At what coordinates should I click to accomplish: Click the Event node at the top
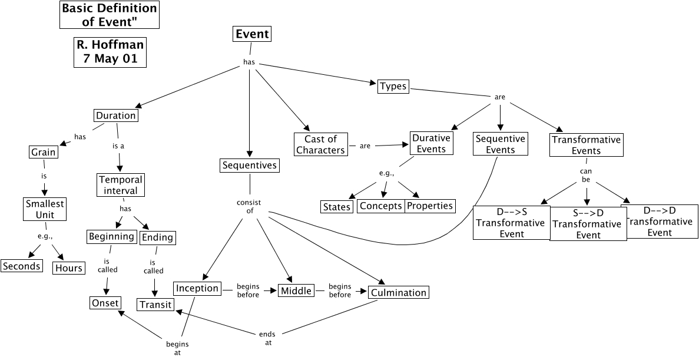click(x=252, y=34)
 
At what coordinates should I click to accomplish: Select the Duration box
click(x=115, y=115)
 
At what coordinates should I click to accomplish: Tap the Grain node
click(x=44, y=153)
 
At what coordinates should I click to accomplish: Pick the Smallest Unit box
click(x=44, y=209)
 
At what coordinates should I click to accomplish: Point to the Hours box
click(x=69, y=268)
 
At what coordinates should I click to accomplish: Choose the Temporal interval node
click(x=120, y=185)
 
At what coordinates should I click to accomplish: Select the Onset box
click(x=105, y=303)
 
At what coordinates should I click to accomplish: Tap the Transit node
click(x=155, y=304)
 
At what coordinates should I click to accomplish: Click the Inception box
click(x=197, y=289)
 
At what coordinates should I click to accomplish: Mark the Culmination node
click(x=398, y=292)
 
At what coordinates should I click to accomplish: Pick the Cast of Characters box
click(x=320, y=145)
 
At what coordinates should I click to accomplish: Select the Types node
click(x=393, y=86)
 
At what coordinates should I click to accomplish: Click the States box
click(x=337, y=207)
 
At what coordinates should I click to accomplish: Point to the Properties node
click(x=430, y=206)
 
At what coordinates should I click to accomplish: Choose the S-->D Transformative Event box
click(x=588, y=224)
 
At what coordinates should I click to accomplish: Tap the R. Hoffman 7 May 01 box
click(x=110, y=52)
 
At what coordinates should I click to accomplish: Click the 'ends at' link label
click(x=267, y=338)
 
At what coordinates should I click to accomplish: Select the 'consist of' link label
click(x=249, y=207)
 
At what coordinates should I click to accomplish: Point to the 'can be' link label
click(x=586, y=175)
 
